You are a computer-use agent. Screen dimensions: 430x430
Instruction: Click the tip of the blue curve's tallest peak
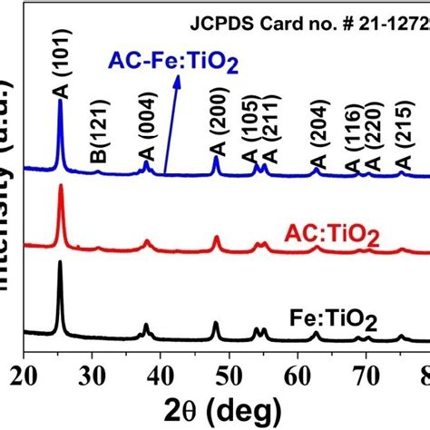point(60,100)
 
